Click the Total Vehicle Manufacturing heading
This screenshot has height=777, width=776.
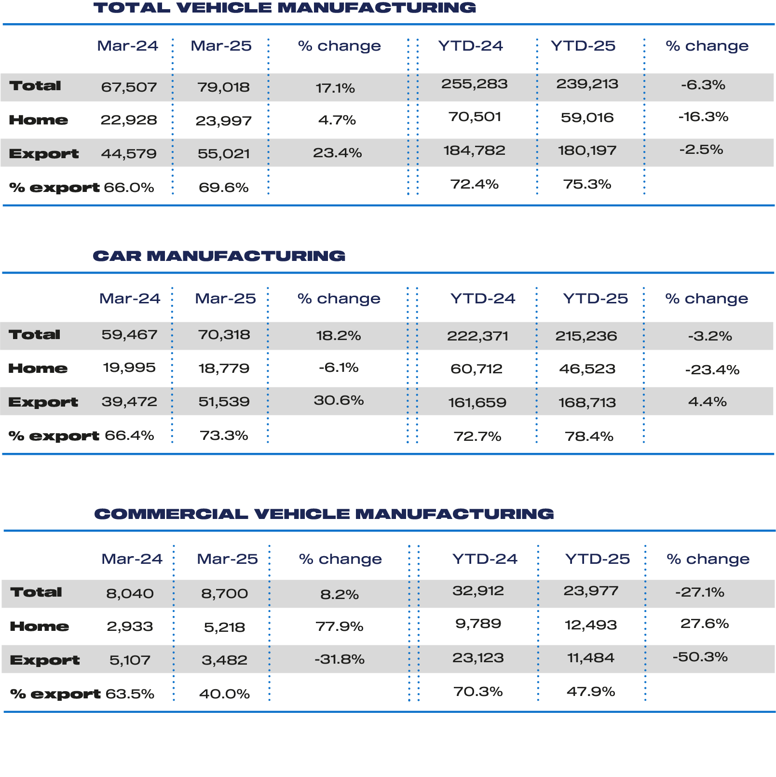[285, 8]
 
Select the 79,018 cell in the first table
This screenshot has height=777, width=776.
[223, 87]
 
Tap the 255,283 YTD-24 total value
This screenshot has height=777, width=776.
[475, 84]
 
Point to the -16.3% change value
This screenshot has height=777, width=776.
[703, 117]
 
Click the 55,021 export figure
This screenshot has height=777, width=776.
[224, 154]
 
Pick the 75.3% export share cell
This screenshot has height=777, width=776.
[587, 184]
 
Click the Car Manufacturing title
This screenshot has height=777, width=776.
[219, 256]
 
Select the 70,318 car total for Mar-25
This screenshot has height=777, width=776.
[224, 335]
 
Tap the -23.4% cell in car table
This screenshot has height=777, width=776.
[712, 370]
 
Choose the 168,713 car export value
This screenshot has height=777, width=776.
[587, 403]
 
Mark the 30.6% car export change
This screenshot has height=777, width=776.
[339, 400]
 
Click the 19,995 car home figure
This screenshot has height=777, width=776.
[129, 368]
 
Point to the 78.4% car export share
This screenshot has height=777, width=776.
[589, 436]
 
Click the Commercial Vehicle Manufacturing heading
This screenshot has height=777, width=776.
[324, 514]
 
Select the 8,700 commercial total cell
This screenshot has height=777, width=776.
[225, 593]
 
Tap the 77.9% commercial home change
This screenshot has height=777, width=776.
[340, 627]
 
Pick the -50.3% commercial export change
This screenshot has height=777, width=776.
[700, 657]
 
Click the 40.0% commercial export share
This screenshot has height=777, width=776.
[225, 694]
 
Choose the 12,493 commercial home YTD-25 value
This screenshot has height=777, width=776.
[591, 625]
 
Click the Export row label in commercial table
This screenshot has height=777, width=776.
[45, 660]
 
